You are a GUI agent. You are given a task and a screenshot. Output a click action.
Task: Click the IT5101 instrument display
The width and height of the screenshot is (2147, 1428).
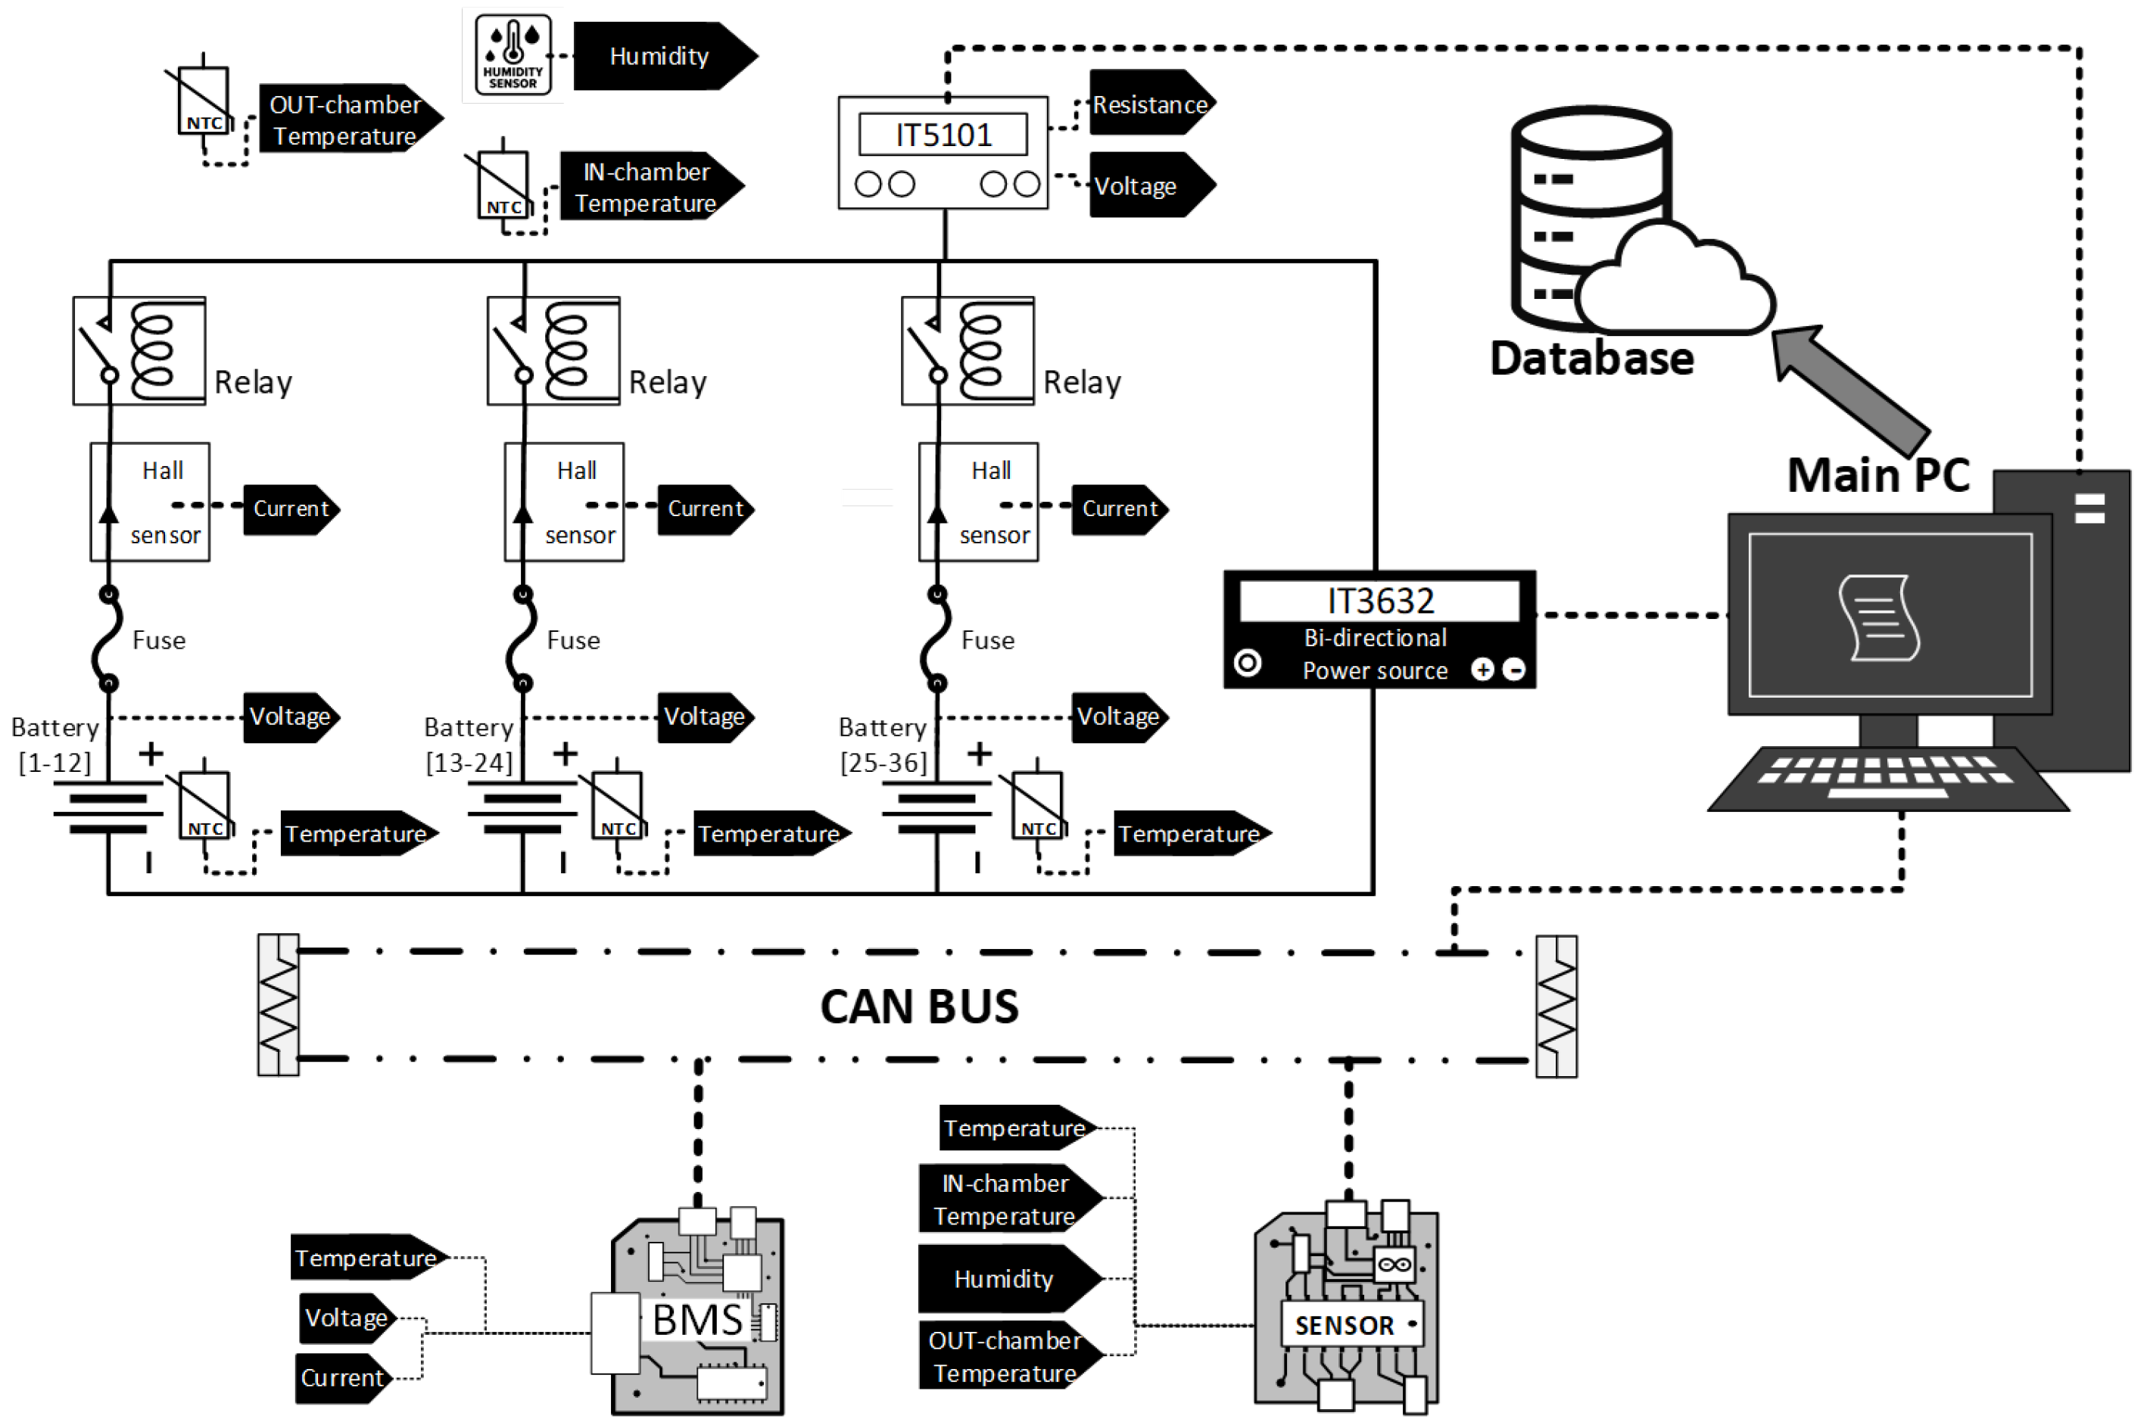[x=943, y=135]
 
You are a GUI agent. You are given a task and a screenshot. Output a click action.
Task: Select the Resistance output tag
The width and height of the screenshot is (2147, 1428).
[x=1149, y=104]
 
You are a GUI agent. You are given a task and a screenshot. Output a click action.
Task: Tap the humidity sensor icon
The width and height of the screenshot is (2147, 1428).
[x=513, y=54]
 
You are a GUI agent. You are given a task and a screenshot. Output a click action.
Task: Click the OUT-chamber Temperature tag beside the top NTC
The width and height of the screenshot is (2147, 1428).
[x=346, y=120]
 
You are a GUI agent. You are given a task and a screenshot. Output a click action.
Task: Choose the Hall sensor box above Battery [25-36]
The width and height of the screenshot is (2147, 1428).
[x=978, y=502]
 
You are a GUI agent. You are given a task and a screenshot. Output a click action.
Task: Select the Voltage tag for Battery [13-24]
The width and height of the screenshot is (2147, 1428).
[x=704, y=717]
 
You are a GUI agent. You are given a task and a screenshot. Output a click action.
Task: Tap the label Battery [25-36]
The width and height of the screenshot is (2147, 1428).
[x=883, y=744]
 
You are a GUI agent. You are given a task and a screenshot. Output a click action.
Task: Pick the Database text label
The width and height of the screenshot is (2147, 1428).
[x=1591, y=358]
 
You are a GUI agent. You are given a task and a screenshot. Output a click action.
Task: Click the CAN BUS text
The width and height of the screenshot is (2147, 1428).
[x=919, y=1006]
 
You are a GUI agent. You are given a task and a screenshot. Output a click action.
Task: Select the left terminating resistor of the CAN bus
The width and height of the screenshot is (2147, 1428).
[x=278, y=1004]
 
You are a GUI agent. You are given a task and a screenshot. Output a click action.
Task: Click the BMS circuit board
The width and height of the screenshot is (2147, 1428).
[x=696, y=1316]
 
